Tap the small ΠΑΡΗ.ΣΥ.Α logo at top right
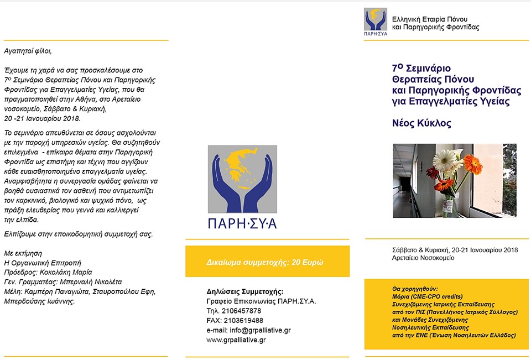pos(376,22)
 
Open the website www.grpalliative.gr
pos(236,340)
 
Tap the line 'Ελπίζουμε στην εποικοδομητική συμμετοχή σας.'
pos(78,234)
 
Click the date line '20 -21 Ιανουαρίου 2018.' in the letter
pos(42,118)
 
